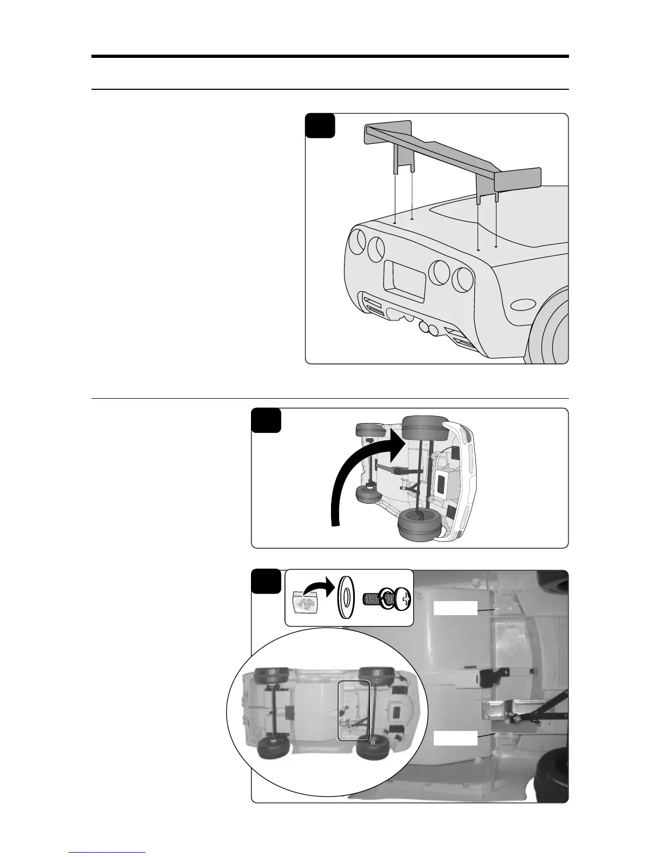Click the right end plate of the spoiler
click(x=518, y=179)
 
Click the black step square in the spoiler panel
click(x=320, y=126)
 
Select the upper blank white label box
click(x=455, y=608)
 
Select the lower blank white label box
click(x=455, y=738)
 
